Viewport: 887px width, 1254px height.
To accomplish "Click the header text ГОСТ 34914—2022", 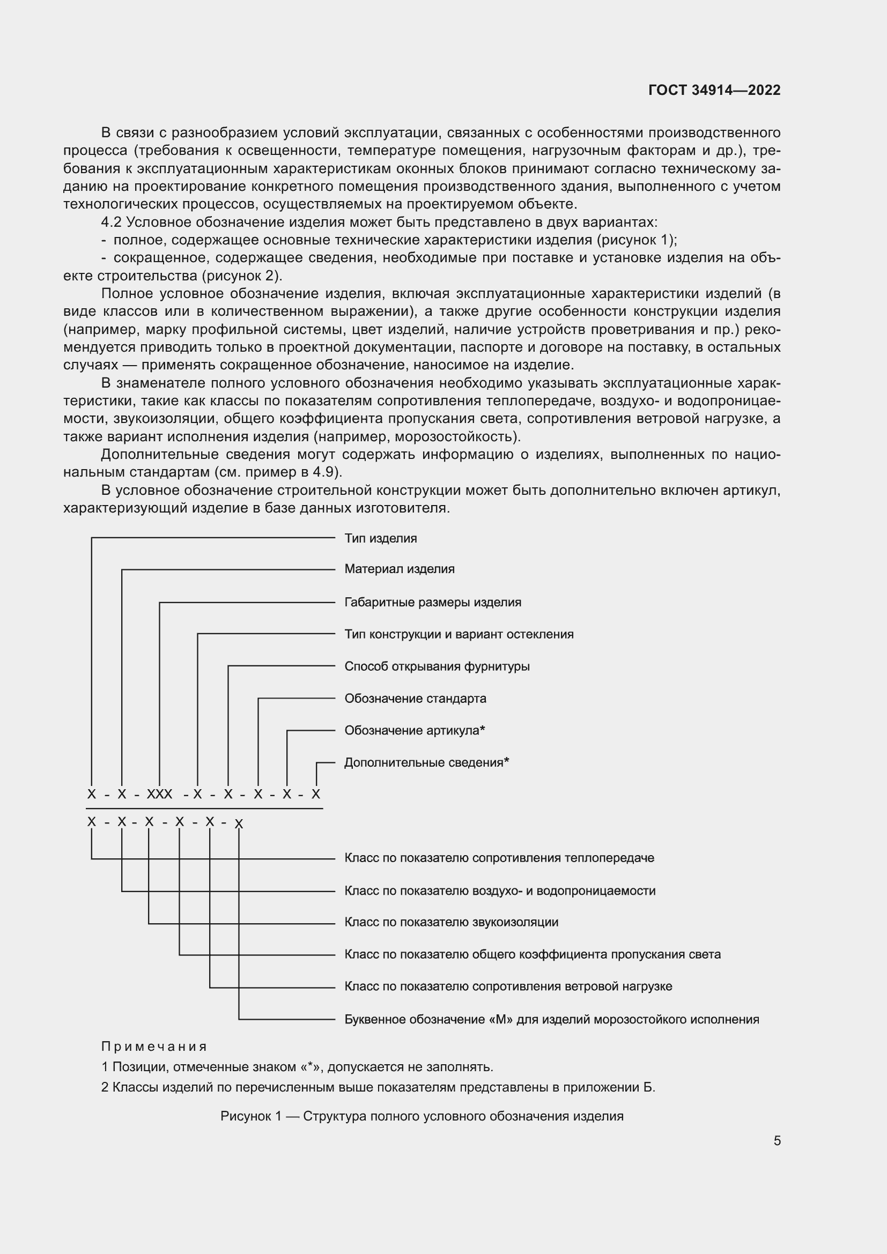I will click(714, 90).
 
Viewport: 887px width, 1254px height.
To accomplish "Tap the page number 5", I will click(777, 1140).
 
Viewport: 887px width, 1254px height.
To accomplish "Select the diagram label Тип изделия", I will click(380, 538).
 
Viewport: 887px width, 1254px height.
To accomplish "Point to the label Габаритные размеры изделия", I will click(433, 602).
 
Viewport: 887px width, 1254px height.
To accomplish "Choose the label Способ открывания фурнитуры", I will click(437, 666).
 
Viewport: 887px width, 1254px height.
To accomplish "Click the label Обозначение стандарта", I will click(415, 698).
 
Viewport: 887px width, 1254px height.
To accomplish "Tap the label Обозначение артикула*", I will click(415, 730).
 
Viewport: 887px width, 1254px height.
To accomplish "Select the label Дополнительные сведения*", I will click(426, 762).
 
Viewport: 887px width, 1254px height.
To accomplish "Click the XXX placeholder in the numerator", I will click(159, 794).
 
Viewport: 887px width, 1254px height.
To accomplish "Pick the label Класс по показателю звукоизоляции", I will click(451, 922).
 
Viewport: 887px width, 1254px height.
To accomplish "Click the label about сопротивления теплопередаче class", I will click(499, 857).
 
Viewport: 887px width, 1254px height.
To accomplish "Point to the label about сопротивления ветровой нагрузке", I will click(508, 986).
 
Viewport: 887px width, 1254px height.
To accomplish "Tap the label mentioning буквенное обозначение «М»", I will click(552, 1019).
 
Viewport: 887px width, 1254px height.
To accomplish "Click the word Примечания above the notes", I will click(154, 1047).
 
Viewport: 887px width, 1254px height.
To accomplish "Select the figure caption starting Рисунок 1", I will click(422, 1116).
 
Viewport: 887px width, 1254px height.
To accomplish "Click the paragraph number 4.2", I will click(112, 222).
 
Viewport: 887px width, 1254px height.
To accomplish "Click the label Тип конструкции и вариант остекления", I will click(459, 634).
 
